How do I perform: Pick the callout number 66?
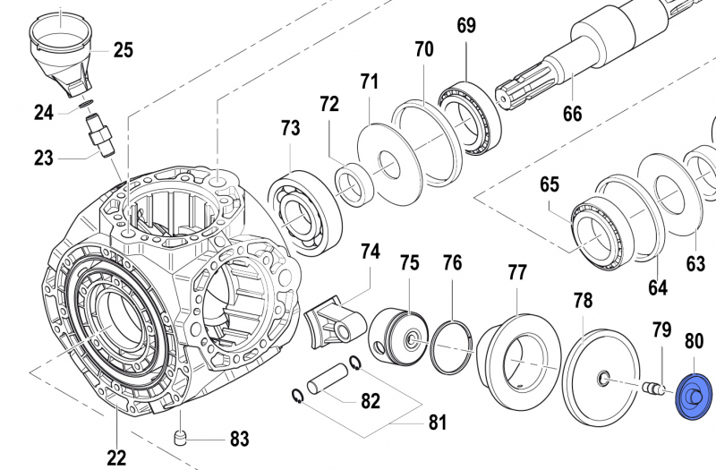pyautogui.click(x=572, y=114)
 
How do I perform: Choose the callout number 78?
pyautogui.click(x=583, y=301)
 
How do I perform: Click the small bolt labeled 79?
pyautogui.click(x=656, y=388)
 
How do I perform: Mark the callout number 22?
pyautogui.click(x=116, y=457)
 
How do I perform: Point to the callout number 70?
pyautogui.click(x=423, y=49)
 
